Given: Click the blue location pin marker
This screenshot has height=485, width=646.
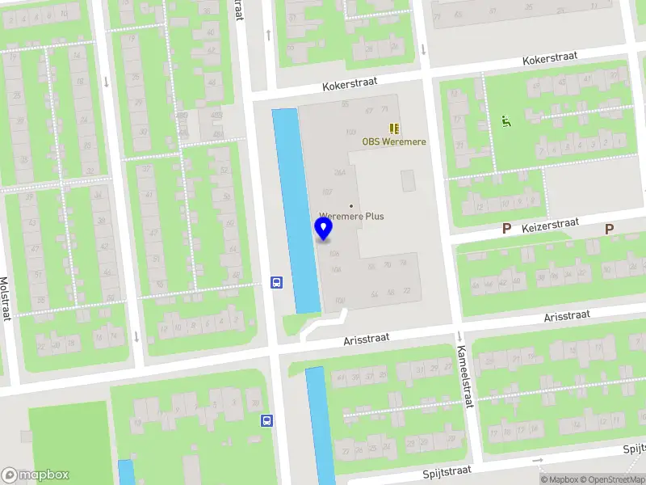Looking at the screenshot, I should point(324,230).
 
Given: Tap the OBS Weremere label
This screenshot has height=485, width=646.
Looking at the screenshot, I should point(393,142).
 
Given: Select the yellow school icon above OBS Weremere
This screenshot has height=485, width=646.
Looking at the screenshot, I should point(394,128).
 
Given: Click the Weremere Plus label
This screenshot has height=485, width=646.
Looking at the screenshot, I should point(351,216).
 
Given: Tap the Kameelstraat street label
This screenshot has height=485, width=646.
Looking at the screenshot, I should point(465,373).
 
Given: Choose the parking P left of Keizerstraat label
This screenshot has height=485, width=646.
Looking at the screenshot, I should point(506,229).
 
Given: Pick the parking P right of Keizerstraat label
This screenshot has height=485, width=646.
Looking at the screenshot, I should point(609,229).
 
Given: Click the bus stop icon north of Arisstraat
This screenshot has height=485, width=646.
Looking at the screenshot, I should point(276,282).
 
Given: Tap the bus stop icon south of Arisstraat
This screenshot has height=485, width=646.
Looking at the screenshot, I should point(266,420).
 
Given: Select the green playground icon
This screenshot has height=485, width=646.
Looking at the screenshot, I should point(506,122).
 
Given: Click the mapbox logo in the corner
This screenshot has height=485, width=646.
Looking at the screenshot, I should point(36,475).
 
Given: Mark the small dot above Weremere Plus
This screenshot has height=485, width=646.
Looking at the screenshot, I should point(350,205).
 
